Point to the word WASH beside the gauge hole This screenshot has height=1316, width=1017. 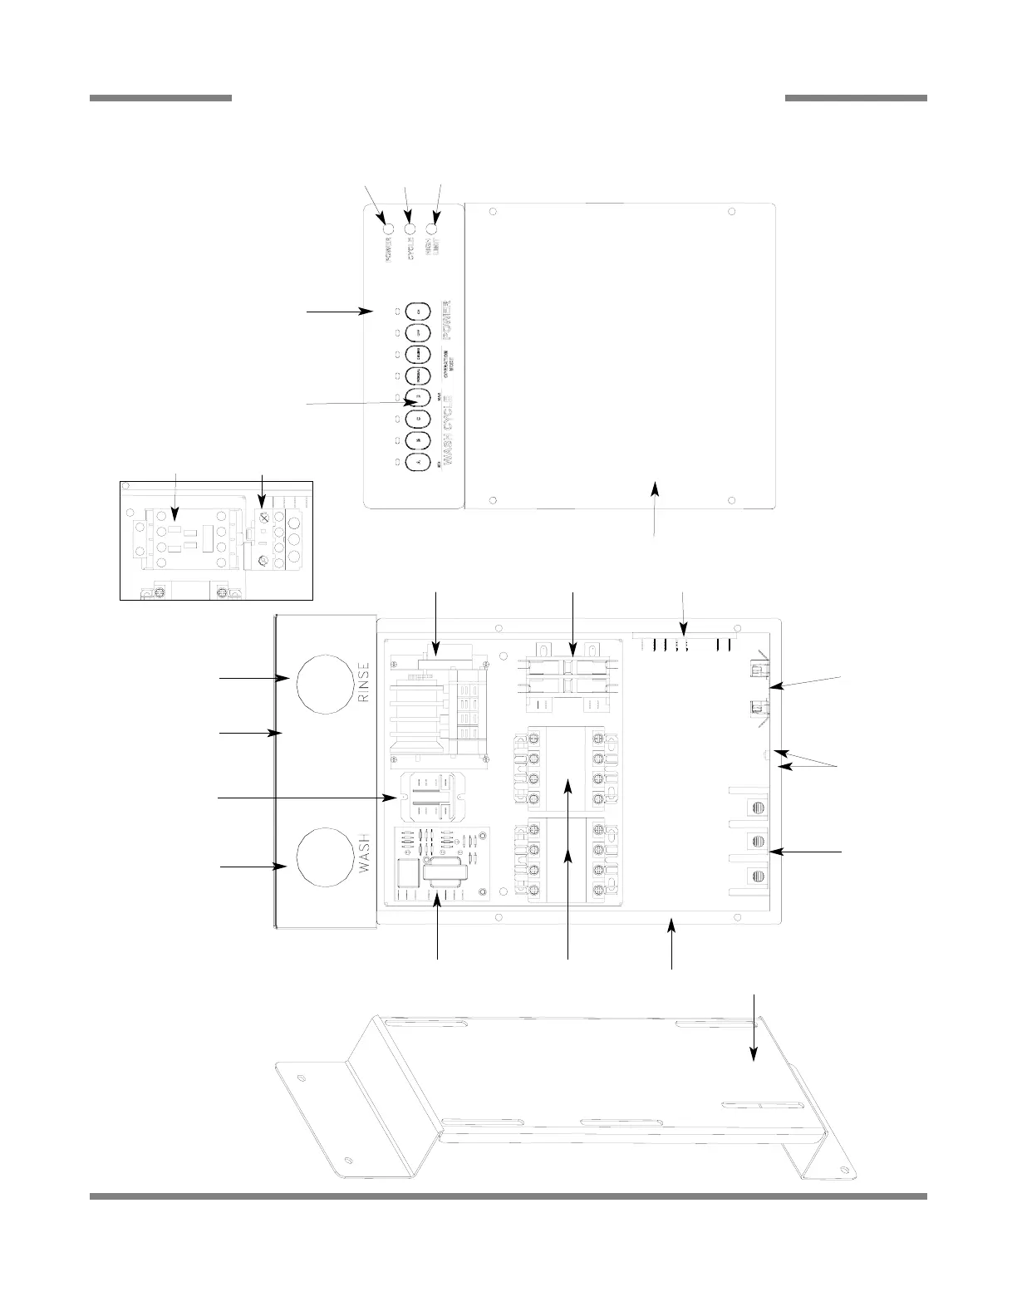point(363,855)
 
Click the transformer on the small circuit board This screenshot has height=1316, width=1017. point(440,879)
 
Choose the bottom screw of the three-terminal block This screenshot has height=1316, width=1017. point(755,875)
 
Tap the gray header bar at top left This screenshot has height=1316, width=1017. point(160,98)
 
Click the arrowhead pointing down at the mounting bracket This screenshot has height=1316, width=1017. point(754,1053)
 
